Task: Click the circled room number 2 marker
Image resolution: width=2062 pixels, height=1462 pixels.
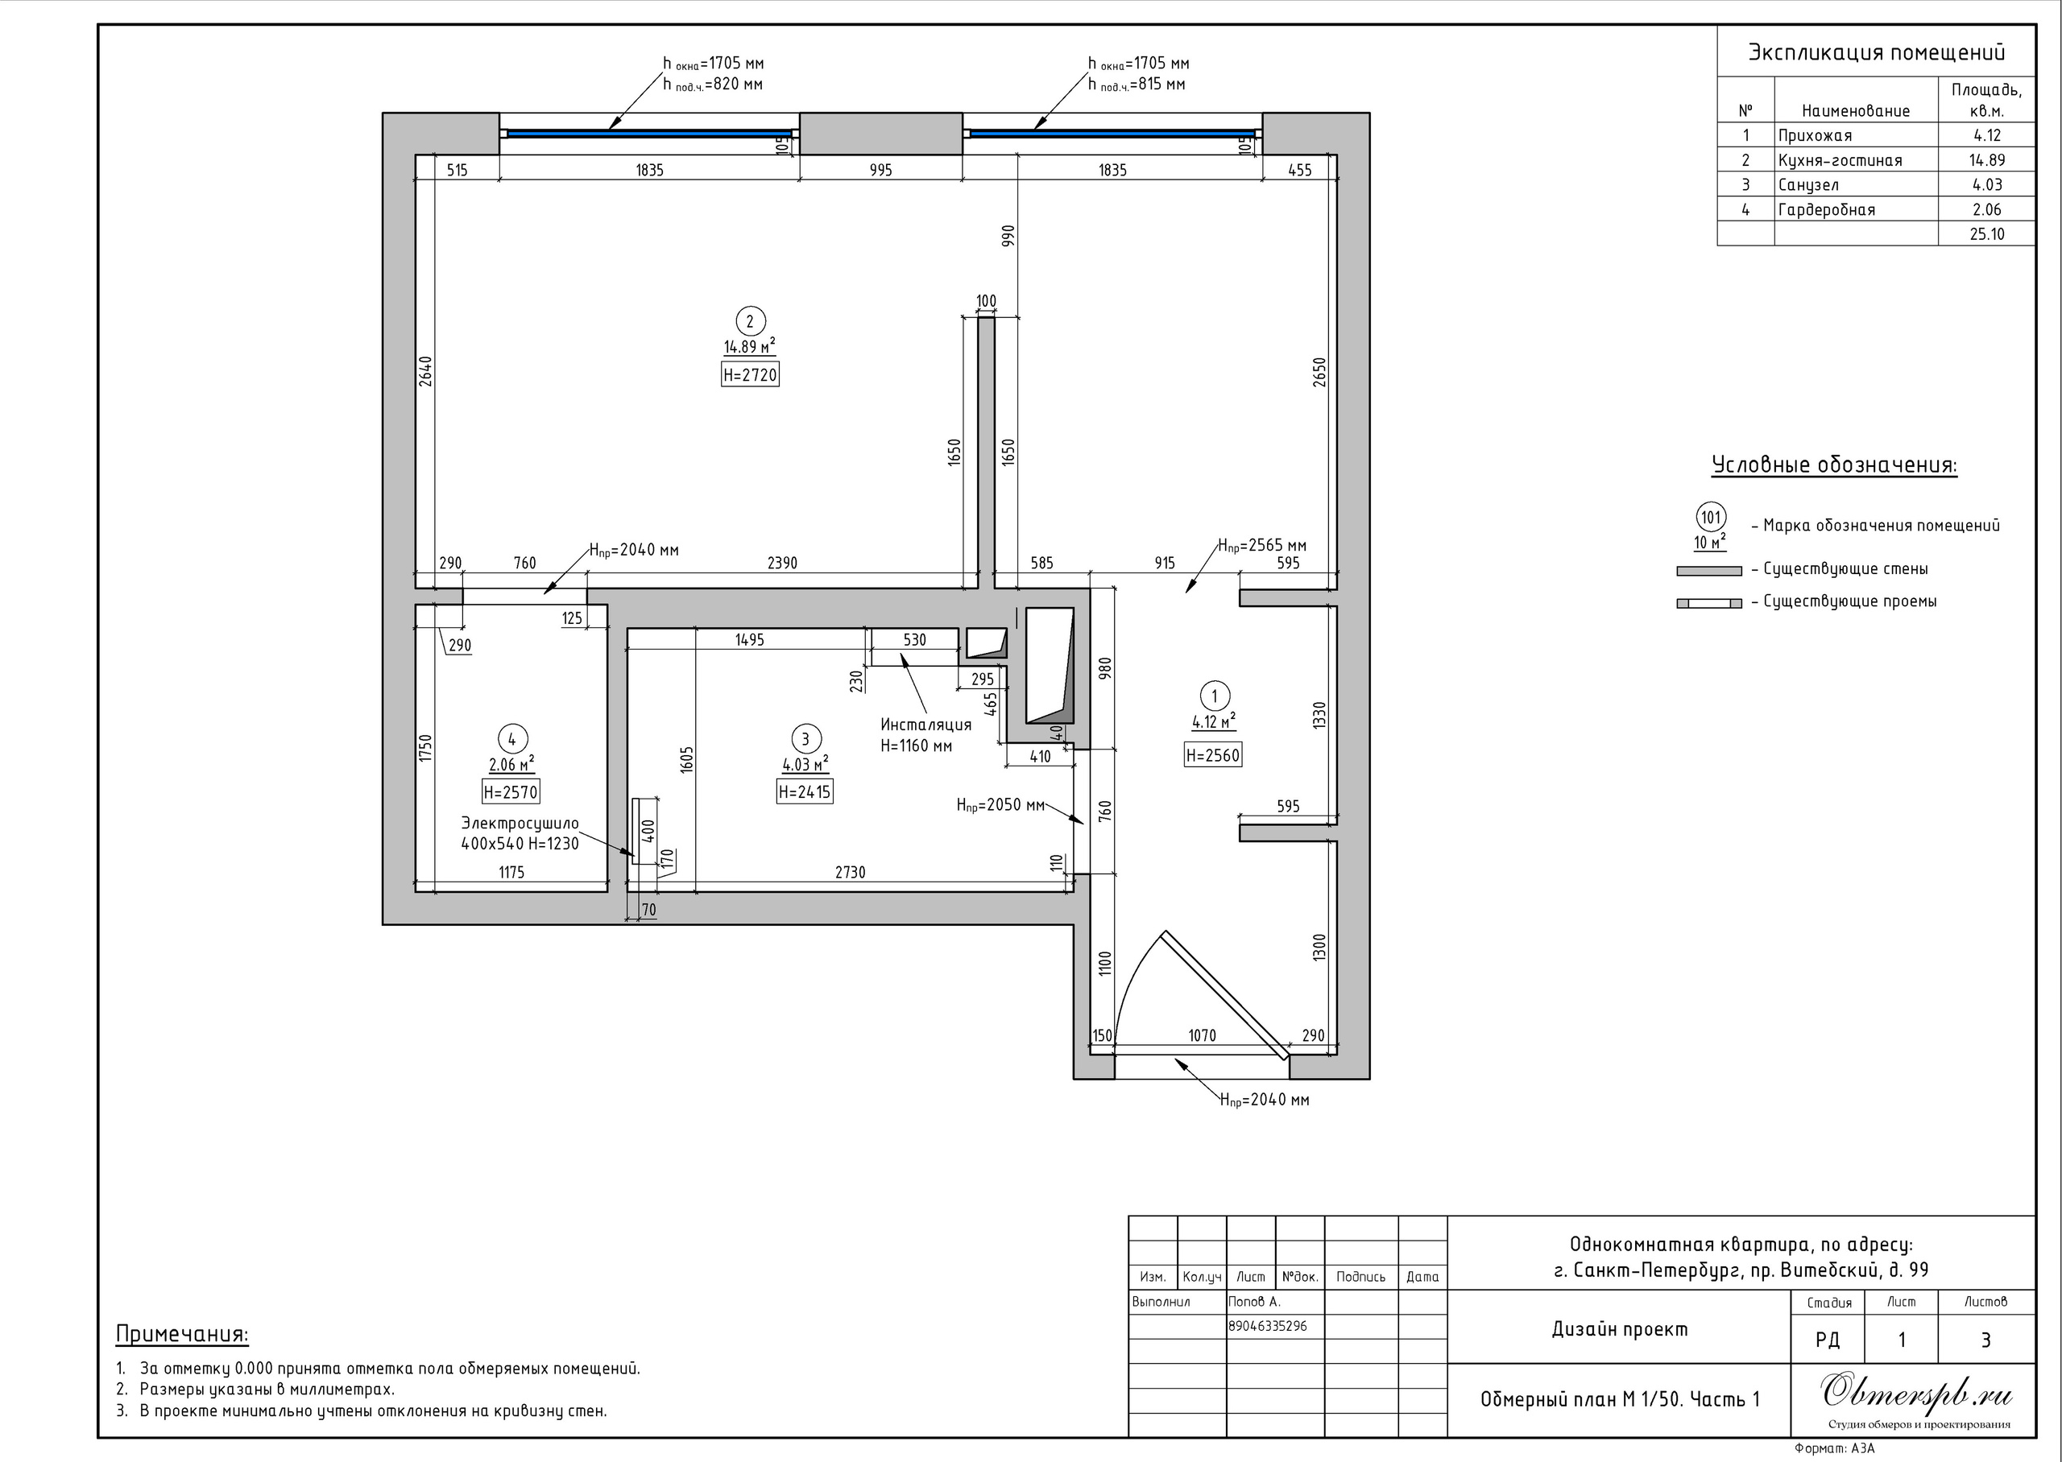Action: (750, 321)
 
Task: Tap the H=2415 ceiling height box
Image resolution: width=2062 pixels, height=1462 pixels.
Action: (804, 791)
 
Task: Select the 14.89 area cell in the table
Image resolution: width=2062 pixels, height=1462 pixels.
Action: (1986, 160)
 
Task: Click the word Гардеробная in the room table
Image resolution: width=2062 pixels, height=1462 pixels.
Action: (1826, 210)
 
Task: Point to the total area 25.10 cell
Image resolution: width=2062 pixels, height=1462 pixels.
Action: (1986, 234)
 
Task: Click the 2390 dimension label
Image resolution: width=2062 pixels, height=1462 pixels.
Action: (781, 563)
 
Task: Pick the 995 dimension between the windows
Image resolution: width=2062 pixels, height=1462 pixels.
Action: (880, 170)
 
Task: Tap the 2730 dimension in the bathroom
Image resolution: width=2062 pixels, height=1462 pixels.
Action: (850, 873)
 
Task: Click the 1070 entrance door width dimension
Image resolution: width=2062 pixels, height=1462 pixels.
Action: (1202, 1035)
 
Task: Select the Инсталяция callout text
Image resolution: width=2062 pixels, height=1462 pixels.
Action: (925, 725)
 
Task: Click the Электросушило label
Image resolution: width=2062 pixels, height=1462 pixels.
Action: (520, 823)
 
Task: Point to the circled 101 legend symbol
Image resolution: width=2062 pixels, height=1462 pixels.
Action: (1711, 518)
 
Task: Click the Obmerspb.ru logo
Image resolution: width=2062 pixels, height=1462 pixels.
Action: (1917, 1394)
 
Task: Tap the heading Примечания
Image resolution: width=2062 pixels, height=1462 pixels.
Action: (182, 1334)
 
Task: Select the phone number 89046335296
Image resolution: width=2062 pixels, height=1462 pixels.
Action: (1268, 1326)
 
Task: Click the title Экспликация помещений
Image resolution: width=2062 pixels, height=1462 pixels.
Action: (1877, 52)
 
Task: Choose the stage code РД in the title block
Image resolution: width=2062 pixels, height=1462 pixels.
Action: (1828, 1340)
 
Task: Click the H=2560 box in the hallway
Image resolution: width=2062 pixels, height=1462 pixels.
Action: (1212, 755)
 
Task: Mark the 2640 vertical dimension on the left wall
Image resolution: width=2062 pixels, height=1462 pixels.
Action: (426, 371)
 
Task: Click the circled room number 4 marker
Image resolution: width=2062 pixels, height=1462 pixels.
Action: (512, 739)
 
